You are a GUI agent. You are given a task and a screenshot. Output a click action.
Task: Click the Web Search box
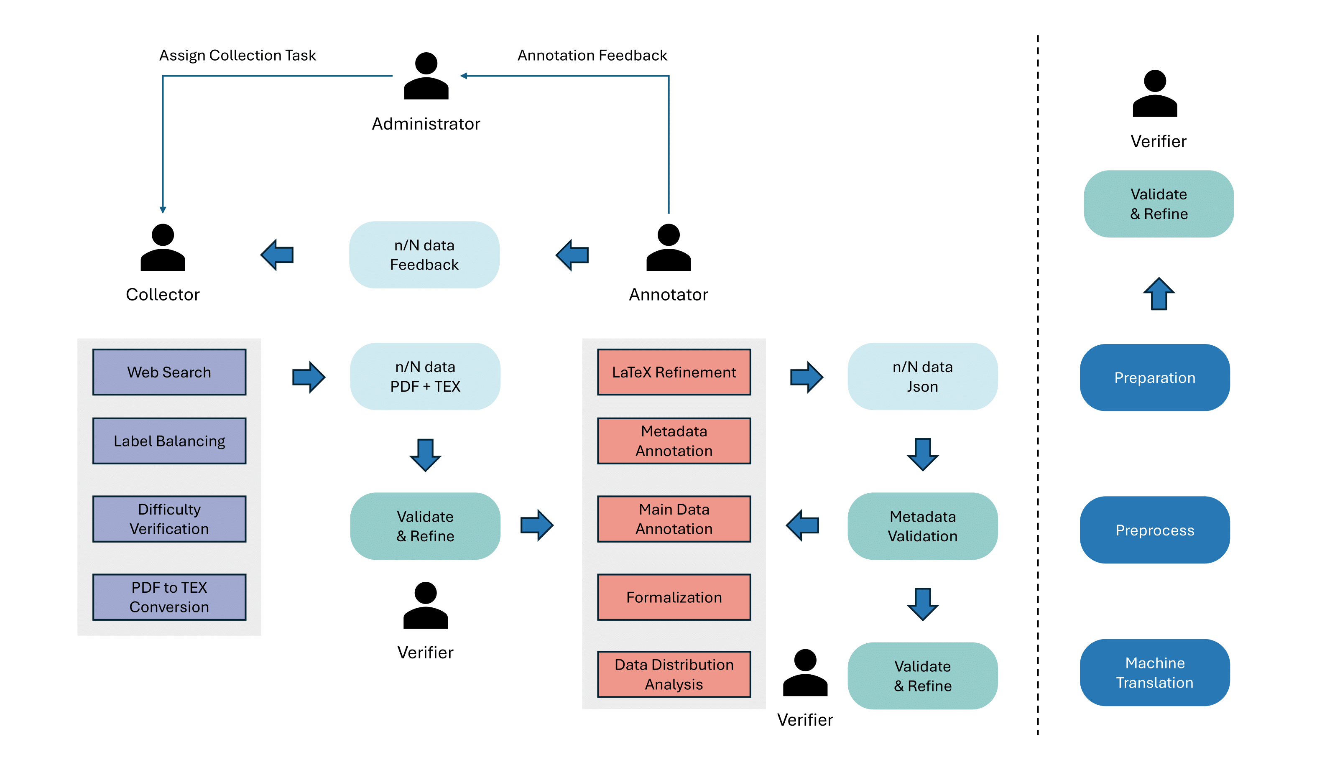[169, 372]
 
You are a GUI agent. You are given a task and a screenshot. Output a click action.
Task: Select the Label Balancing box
[169, 441]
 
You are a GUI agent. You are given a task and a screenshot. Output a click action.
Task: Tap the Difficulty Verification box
[169, 519]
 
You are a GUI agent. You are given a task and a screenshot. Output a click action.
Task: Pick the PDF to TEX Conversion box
[169, 597]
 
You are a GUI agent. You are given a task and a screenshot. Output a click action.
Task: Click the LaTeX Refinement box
[674, 372]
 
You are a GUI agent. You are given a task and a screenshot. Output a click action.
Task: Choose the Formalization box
[674, 597]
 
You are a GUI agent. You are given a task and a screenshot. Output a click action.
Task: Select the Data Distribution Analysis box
[674, 674]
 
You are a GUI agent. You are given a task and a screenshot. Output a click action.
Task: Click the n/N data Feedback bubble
[424, 255]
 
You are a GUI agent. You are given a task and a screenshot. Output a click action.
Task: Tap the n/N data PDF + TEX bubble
[425, 377]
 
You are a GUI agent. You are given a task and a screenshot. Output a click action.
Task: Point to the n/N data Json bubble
[922, 377]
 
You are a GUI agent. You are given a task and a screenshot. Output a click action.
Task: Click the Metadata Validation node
[922, 526]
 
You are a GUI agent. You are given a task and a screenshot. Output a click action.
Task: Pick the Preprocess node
[1154, 530]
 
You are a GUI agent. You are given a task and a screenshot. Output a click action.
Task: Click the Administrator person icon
[426, 76]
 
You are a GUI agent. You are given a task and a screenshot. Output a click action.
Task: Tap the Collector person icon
[163, 247]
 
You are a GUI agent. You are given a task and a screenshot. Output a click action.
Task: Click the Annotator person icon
[669, 247]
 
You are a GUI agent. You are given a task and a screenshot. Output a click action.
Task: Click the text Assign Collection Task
[237, 55]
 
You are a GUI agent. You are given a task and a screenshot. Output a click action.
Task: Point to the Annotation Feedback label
[592, 55]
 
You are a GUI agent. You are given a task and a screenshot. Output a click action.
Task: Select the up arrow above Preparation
[1159, 294]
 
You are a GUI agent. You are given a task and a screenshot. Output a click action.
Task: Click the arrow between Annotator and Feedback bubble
[572, 255]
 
